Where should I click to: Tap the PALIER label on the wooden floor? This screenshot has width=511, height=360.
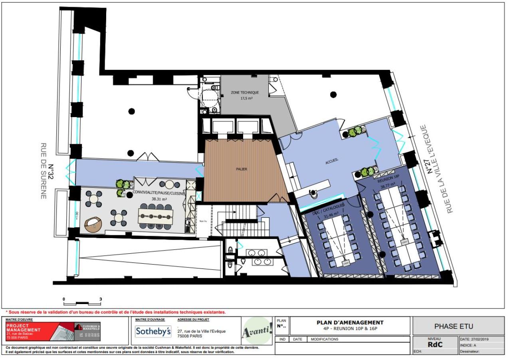pos(241,169)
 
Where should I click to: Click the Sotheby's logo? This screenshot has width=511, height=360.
pos(153,331)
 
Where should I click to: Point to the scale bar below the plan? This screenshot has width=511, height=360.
pos(82,301)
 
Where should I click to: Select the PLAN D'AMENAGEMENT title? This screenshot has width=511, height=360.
pos(350,322)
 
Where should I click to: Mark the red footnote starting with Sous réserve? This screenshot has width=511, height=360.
pos(116,312)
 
